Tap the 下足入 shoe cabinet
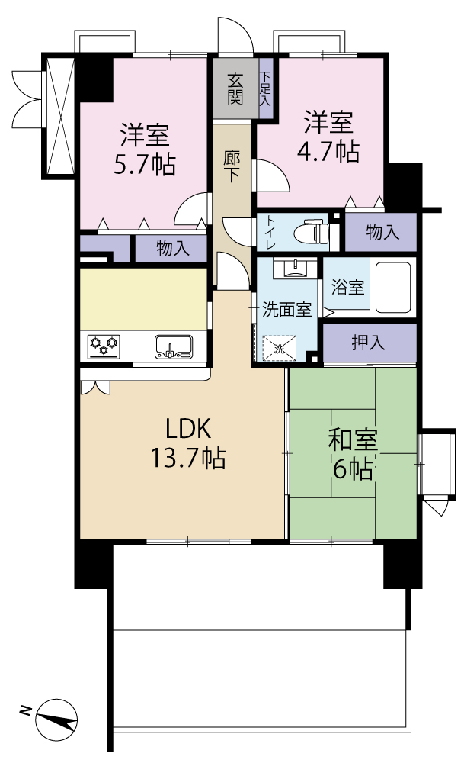(265, 89)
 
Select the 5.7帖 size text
(144, 166)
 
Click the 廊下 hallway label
(232, 167)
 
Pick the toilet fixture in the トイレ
(312, 232)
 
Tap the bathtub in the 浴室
(392, 288)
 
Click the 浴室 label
(347, 287)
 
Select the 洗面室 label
(286, 309)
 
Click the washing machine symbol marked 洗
(279, 348)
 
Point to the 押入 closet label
(368, 343)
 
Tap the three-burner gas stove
(104, 346)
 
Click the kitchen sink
(174, 347)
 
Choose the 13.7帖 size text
(188, 458)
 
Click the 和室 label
(353, 439)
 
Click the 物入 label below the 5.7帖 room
(172, 249)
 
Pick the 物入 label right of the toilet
(382, 232)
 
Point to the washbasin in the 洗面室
(295, 268)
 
